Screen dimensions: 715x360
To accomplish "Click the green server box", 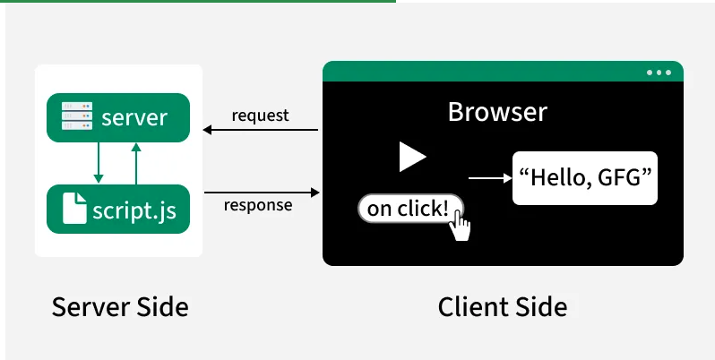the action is [118, 117].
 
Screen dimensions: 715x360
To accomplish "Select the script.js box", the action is [118, 210].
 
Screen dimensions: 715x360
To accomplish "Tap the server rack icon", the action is [77, 116].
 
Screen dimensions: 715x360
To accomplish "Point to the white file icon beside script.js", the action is [74, 209].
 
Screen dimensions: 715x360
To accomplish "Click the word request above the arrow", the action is [260, 116].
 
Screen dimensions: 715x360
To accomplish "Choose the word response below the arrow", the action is [258, 205].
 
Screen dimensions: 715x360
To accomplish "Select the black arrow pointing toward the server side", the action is [261, 130].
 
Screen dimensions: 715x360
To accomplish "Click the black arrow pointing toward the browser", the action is [262, 193].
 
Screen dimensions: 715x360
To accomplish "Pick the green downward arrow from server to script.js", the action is [98, 163].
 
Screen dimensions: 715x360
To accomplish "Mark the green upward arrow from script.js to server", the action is [136, 164].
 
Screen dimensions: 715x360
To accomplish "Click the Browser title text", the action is [497, 112].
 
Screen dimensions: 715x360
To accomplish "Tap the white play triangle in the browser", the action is [412, 157].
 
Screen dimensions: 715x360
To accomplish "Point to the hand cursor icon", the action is [461, 226].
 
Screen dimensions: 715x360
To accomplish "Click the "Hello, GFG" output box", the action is [585, 178].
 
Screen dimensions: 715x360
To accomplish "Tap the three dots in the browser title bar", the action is [659, 73].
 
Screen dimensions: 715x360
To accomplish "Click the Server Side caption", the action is [120, 306].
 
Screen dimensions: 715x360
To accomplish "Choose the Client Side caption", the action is [503, 306].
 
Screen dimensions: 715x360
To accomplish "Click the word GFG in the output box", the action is [617, 177].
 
